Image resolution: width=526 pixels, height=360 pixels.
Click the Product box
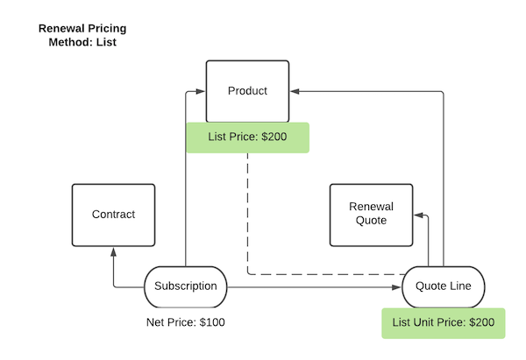point(246,91)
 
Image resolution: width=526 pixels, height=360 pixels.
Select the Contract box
point(113,215)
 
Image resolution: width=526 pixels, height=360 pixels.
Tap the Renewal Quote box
point(371,215)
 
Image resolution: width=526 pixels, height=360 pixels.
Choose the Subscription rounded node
point(185,286)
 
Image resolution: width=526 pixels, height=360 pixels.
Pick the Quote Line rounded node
point(444,286)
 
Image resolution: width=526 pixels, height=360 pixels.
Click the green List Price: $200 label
point(247,138)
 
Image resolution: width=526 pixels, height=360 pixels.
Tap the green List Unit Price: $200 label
point(444,322)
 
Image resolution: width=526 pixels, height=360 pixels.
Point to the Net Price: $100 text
point(185,322)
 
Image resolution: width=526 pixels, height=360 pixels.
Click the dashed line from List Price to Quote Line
point(248,219)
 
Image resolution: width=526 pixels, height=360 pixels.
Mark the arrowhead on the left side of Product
point(200,90)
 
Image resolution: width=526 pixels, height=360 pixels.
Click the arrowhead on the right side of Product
point(295,90)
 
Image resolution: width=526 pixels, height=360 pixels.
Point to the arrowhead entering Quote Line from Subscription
point(396,286)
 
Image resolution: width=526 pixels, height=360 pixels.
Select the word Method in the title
point(68,41)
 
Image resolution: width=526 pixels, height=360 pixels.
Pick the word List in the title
point(105,41)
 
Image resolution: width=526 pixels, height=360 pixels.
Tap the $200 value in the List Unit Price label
point(482,322)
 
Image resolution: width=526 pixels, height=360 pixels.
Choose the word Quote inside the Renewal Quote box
point(371,221)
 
